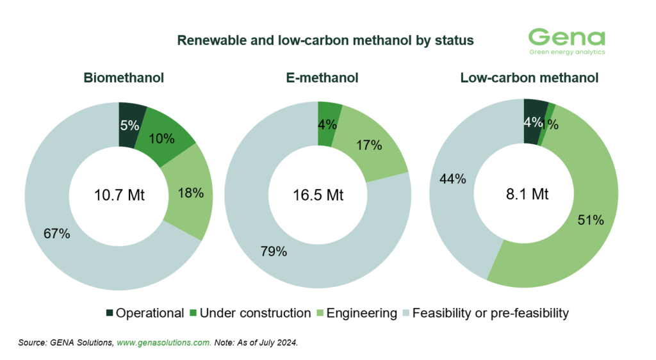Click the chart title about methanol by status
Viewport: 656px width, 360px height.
tap(325, 40)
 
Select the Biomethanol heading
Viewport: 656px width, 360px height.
tap(124, 78)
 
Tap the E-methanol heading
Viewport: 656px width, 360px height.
tap(321, 78)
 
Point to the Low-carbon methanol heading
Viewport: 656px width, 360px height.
tap(529, 78)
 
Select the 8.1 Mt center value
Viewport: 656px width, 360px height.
tap(523, 195)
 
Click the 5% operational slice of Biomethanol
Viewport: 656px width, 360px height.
tap(130, 125)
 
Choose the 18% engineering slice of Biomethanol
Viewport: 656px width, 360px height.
tap(190, 192)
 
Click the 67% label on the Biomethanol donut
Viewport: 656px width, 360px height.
tap(56, 234)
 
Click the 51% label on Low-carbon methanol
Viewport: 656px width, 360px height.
tap(591, 220)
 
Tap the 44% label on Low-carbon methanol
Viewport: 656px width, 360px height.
tap(452, 179)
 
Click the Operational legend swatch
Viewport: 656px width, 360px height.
tap(110, 313)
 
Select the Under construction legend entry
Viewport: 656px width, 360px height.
tap(255, 313)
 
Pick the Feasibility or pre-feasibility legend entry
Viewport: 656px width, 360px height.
tap(483, 313)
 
